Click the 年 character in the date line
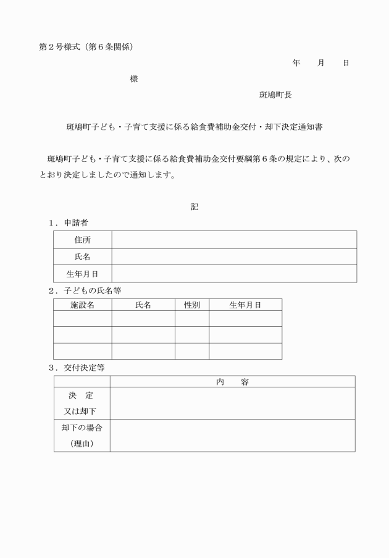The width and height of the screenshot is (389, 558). (x=296, y=63)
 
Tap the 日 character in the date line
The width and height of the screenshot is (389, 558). (x=346, y=63)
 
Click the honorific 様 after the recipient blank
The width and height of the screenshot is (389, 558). (x=134, y=79)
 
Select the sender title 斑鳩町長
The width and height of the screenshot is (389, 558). (x=275, y=95)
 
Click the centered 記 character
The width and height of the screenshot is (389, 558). (x=194, y=208)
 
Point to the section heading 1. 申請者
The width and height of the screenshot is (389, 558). (x=69, y=222)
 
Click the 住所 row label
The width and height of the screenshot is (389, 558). (x=82, y=240)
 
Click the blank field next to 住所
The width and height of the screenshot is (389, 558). (x=234, y=240)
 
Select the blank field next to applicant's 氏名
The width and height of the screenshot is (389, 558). (x=234, y=256)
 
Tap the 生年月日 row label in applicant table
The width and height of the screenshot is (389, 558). (x=82, y=273)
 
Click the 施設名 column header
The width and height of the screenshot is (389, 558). (x=82, y=305)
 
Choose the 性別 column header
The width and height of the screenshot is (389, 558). (x=191, y=305)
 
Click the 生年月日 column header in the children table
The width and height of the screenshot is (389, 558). (x=245, y=305)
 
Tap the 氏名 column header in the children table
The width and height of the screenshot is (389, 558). (x=143, y=305)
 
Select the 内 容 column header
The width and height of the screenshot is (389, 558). (x=232, y=382)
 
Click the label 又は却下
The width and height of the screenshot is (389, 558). (x=81, y=411)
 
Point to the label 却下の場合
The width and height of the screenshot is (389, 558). (x=81, y=428)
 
